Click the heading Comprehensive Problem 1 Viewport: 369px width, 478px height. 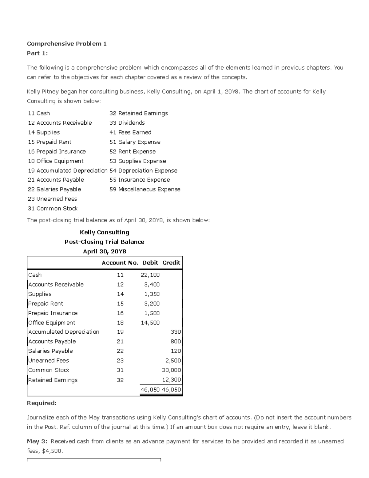tap(67, 44)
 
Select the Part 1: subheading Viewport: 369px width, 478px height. tap(37, 53)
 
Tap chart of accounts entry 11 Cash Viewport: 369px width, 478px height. tap(39, 113)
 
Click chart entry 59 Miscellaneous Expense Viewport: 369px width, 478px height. tap(145, 189)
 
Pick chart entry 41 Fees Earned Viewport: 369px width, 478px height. tap(130, 132)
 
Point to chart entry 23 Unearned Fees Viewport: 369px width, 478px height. tap(52, 199)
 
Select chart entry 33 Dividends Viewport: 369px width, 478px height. tap(127, 123)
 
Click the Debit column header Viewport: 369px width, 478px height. tap(150, 263)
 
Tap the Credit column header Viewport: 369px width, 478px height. tap(171, 263)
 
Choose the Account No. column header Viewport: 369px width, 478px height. tap(120, 263)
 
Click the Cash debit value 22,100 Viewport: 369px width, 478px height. tap(150, 275)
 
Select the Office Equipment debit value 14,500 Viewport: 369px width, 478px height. tap(150, 323)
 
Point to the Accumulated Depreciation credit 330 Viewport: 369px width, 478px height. tap(176, 332)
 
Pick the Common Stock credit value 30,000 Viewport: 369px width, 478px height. tap(171, 370)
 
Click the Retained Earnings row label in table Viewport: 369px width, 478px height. tap(53, 380)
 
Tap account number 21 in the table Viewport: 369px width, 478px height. tap(120, 341)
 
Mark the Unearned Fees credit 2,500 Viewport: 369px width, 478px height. tap(173, 360)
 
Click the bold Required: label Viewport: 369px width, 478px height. tap(42, 403)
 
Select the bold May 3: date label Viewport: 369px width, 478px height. tap(37, 441)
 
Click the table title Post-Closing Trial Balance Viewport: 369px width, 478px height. tap(104, 242)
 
